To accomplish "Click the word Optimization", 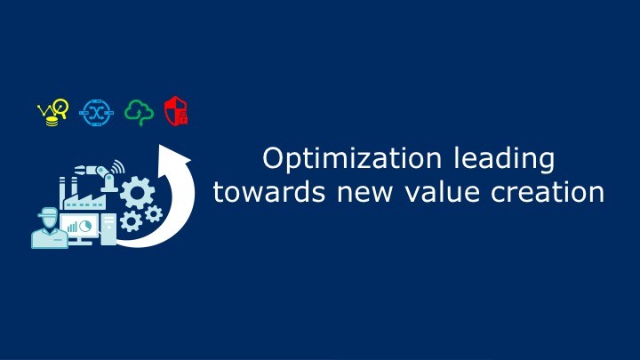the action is (x=352, y=159).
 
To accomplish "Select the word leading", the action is (x=504, y=159).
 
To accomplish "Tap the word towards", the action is (x=269, y=192).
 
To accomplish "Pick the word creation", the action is (x=548, y=192).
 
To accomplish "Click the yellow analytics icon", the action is (x=53, y=112).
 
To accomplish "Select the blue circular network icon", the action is (x=96, y=112).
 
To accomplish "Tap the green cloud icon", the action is (x=140, y=113).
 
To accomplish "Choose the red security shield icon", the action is (x=176, y=111).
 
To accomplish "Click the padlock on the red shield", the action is (x=183, y=117).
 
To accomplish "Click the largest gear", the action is (x=138, y=192).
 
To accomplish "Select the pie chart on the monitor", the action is (x=85, y=226).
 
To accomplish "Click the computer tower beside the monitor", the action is (x=108, y=229).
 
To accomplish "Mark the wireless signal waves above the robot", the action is (x=118, y=166).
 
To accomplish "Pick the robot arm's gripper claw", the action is (x=80, y=169).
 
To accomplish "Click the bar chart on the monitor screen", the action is (x=72, y=227).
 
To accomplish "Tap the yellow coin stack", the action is (x=52, y=121).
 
